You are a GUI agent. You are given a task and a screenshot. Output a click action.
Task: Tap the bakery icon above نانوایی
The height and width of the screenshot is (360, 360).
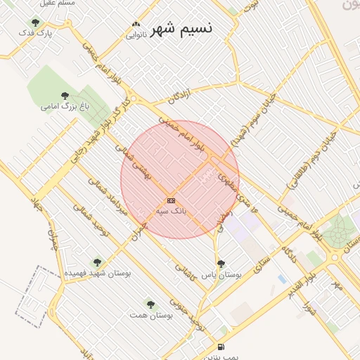[135, 25]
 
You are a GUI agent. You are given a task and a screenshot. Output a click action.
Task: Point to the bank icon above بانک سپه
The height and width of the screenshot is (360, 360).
[171, 201]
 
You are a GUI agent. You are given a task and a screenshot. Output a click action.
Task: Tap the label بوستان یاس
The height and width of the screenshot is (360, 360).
[221, 275]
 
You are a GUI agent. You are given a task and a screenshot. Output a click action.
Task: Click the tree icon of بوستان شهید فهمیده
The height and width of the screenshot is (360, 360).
[97, 262]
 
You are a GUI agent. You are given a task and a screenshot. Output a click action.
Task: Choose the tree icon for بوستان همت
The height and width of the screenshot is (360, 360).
[150, 304]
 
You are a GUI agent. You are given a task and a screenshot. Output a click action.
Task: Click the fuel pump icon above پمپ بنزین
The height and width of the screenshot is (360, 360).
[221, 347]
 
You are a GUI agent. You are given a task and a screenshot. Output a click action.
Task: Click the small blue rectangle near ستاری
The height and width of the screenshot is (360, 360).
[282, 279]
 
